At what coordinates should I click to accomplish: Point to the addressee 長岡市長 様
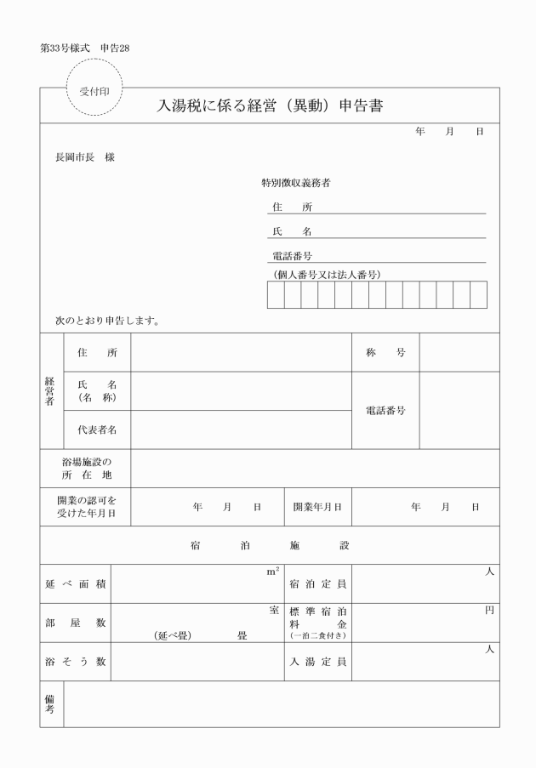[x=84, y=157]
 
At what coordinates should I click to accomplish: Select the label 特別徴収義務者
[x=295, y=183]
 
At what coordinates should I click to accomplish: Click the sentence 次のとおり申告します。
[x=108, y=322]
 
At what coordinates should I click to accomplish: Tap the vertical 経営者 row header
[x=51, y=392]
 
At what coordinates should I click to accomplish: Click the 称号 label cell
[x=385, y=353]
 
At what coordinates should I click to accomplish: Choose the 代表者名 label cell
[x=97, y=430]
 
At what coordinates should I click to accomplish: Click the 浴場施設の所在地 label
[x=87, y=469]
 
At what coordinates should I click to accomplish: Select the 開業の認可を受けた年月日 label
[x=86, y=507]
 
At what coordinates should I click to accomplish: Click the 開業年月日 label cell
[x=317, y=507]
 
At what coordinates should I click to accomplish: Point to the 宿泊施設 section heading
[x=270, y=545]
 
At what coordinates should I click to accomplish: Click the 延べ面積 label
[x=75, y=584]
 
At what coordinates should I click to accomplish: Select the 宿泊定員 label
[x=317, y=584]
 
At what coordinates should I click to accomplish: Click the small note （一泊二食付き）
[x=317, y=635]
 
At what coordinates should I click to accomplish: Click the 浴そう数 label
[x=75, y=661]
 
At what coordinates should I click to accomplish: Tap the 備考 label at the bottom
[x=51, y=703]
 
